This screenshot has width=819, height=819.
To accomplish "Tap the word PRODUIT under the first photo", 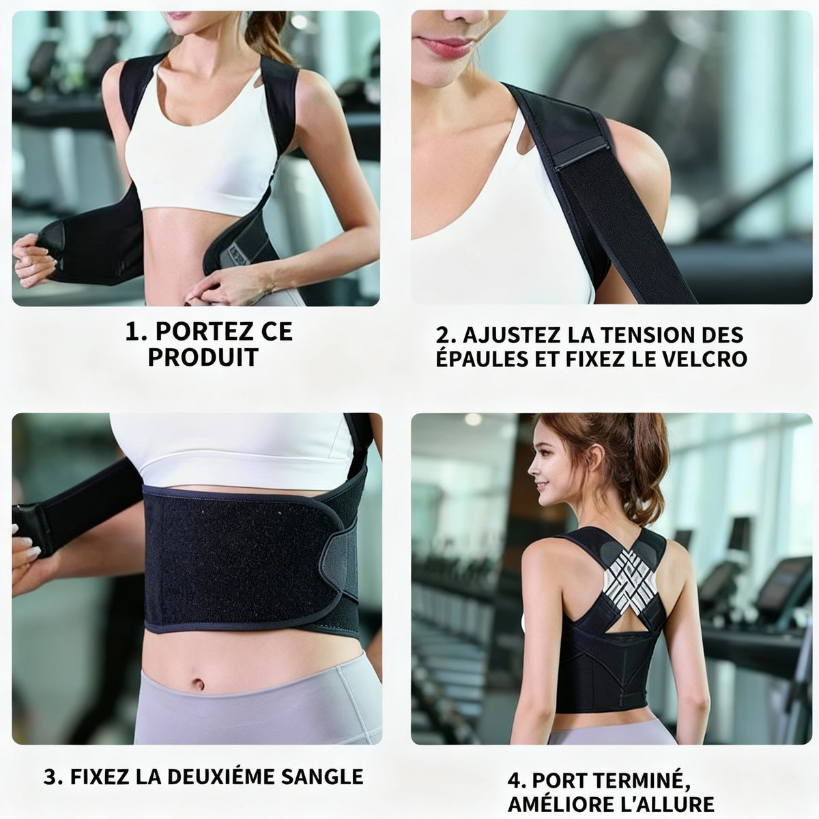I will (x=203, y=357).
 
